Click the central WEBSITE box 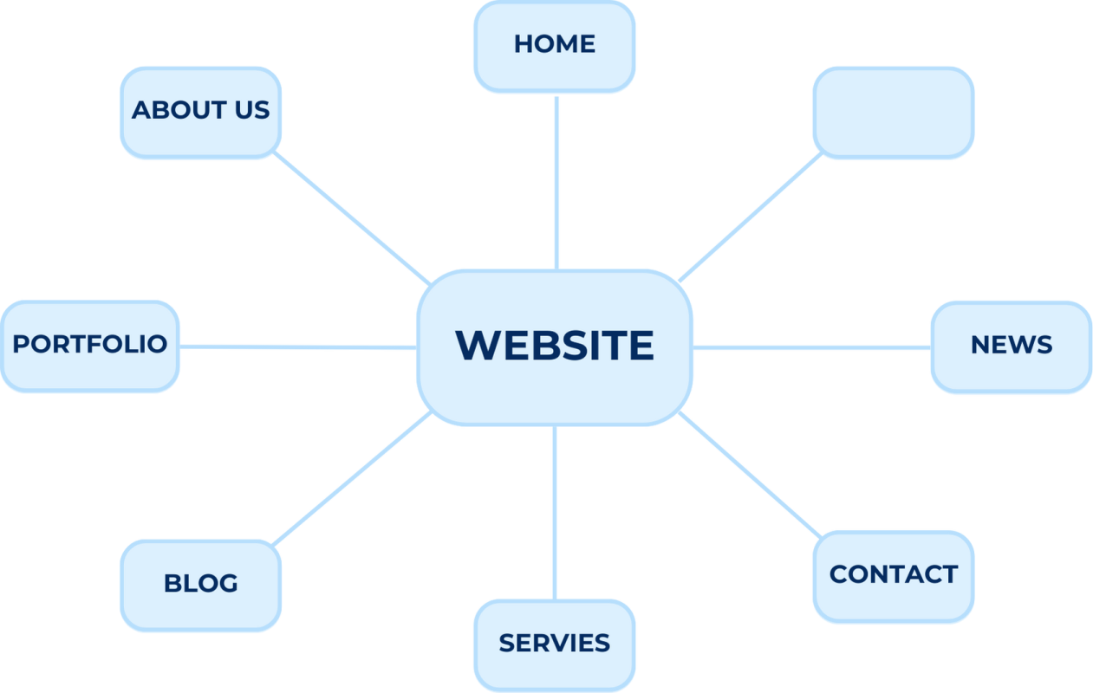[x=555, y=346]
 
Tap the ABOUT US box [x=201, y=112]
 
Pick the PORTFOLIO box [x=90, y=345]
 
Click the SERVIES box [x=555, y=644]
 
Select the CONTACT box [x=893, y=575]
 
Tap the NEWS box [x=1011, y=346]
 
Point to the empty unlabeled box [x=893, y=113]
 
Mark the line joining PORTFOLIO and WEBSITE [x=298, y=347]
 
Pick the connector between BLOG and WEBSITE [x=352, y=478]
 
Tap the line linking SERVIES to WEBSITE [x=554, y=512]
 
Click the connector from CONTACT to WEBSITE [x=749, y=475]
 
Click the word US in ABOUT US [x=250, y=111]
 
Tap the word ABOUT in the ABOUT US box [x=178, y=111]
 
